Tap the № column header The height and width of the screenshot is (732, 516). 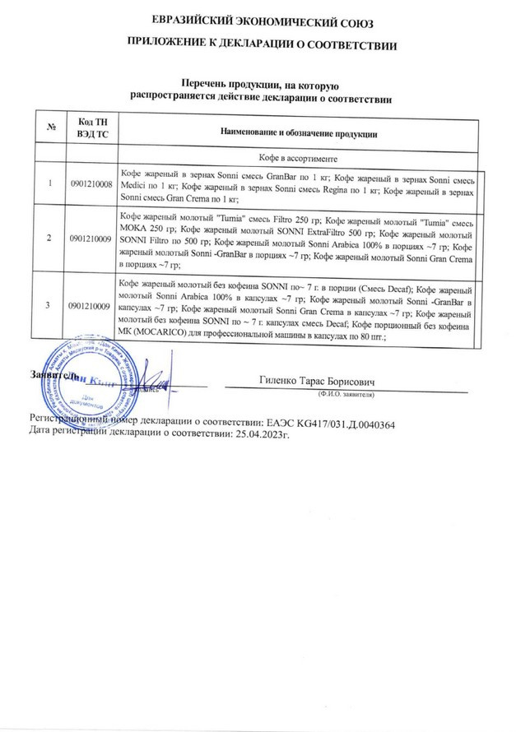[x=52, y=131]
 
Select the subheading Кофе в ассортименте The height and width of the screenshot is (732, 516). [x=298, y=156]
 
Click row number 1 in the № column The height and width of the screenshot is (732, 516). [x=52, y=183]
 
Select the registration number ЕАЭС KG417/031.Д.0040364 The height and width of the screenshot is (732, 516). [x=327, y=423]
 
